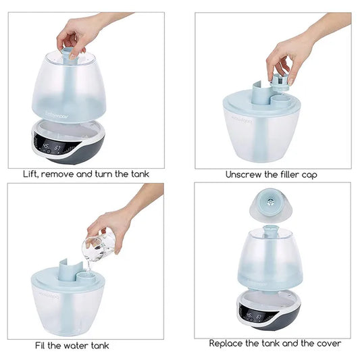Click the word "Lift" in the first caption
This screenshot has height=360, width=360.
(x=31, y=174)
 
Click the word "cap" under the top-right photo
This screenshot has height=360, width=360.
(x=309, y=176)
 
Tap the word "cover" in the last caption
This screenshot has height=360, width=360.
(x=329, y=344)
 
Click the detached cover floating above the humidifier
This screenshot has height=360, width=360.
(x=271, y=205)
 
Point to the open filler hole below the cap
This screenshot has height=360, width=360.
(x=280, y=99)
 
